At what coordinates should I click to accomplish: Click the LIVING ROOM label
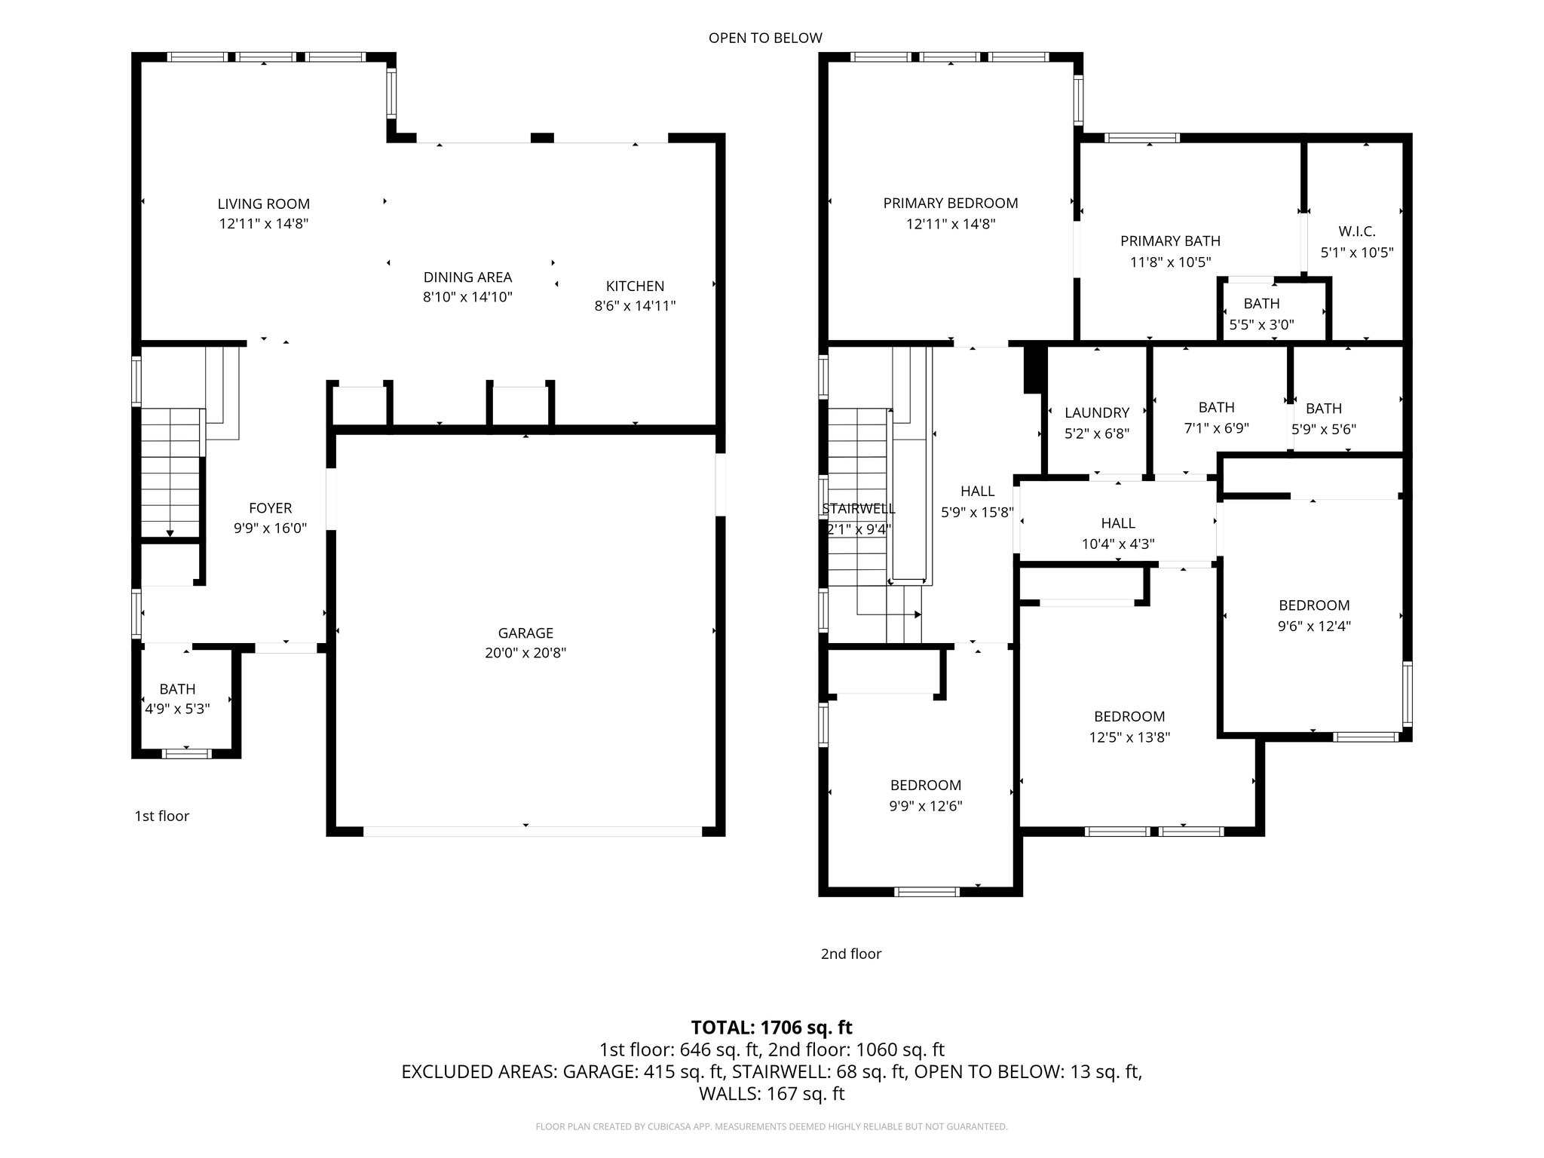(263, 204)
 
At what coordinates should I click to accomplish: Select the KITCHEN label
(635, 286)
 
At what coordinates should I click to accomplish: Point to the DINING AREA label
(467, 277)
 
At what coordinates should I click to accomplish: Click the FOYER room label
(270, 508)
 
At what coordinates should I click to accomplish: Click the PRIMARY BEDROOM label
(950, 203)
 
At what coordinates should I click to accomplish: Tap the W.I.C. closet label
(1356, 232)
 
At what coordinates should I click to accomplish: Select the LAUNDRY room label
(1096, 413)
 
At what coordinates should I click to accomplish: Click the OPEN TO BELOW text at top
(764, 38)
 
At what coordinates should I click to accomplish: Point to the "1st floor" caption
(161, 816)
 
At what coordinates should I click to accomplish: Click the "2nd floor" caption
(850, 954)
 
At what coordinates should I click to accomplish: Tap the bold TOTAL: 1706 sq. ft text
(771, 1028)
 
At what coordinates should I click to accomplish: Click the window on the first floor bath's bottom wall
(186, 753)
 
